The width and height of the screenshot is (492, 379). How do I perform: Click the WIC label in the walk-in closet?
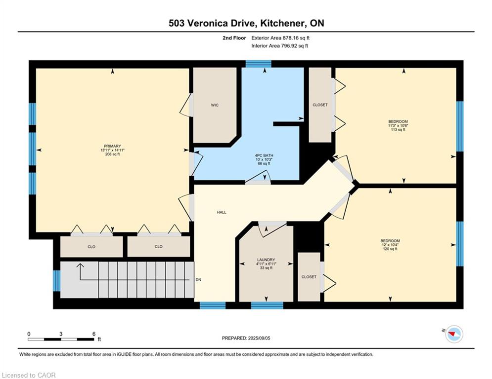(215, 105)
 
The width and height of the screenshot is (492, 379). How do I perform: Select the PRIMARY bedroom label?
(112, 146)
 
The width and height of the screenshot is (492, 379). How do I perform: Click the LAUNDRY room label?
(266, 260)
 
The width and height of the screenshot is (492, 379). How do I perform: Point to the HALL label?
(222, 212)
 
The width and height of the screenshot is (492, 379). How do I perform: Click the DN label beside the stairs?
(198, 280)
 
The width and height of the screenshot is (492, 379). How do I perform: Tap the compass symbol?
(454, 334)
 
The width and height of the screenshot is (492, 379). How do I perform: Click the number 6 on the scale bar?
(94, 334)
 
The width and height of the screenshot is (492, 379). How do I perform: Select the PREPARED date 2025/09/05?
(259, 338)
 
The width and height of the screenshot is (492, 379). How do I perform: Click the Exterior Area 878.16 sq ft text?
(280, 38)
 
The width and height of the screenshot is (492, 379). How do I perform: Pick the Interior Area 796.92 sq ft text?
(279, 46)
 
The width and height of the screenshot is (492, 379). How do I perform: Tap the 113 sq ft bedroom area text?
(398, 130)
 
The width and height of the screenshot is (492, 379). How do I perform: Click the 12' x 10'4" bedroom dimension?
(390, 245)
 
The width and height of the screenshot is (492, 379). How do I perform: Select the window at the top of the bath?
(258, 64)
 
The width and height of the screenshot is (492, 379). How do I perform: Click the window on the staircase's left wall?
(56, 281)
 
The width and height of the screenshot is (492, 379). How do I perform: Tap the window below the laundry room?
(267, 305)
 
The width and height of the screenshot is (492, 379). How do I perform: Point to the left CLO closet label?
(91, 247)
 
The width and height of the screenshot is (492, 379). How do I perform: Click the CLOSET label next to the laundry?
(309, 277)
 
